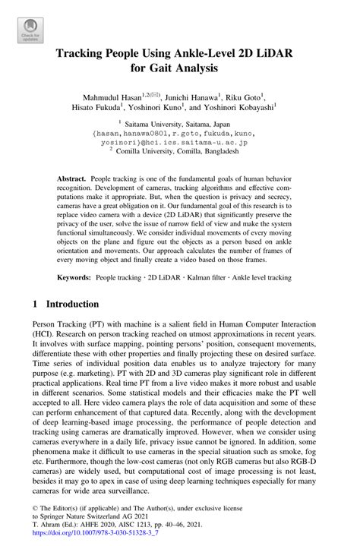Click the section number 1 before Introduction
[x=36, y=304]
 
